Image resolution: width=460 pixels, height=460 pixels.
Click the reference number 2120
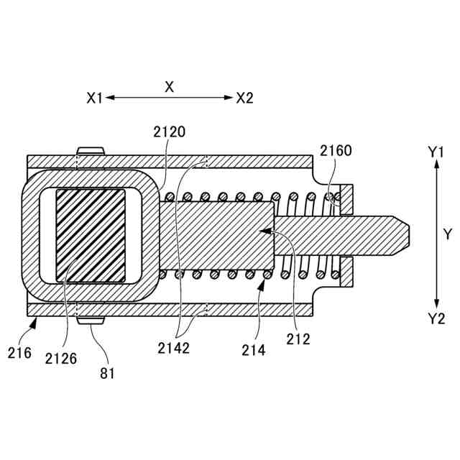(170, 132)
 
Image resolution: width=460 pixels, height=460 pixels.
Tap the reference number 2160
(336, 151)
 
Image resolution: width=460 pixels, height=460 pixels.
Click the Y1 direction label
(437, 152)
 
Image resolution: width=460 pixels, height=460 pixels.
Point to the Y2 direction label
(436, 318)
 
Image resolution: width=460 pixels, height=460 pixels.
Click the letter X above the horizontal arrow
(170, 87)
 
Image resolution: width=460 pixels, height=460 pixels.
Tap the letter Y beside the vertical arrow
(447, 234)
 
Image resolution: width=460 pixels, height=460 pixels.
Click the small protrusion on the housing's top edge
(91, 150)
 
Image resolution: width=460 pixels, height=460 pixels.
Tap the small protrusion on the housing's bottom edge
(91, 319)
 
